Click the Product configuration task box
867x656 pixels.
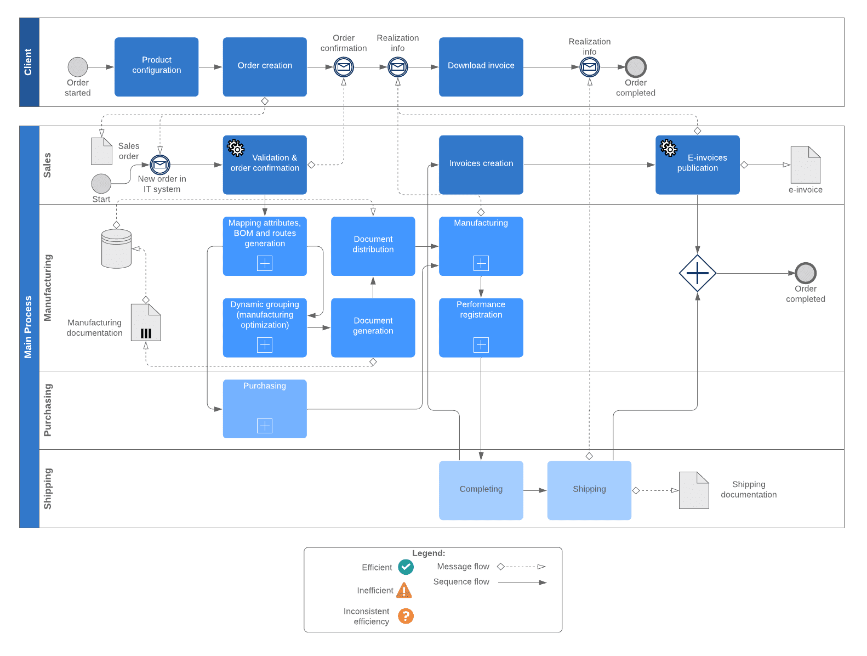[156, 66]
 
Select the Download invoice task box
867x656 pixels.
[481, 66]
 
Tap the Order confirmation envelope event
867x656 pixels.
[344, 67]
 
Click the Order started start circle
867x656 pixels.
[78, 67]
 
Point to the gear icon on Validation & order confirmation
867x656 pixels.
[236, 148]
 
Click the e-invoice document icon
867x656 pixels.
[805, 165]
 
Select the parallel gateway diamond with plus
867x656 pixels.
[697, 273]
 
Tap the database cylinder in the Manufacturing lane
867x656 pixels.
[116, 248]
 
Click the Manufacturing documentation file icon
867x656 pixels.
[146, 323]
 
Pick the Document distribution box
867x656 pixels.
[373, 246]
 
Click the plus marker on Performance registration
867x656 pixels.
[481, 344]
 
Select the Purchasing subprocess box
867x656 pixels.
[265, 409]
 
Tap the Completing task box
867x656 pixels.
[481, 490]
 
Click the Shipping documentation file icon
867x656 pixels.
[693, 490]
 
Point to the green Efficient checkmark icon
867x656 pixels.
[406, 567]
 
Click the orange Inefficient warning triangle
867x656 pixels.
[404, 590]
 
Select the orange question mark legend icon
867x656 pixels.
[406, 616]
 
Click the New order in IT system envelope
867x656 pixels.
[160, 165]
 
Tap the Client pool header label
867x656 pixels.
[29, 62]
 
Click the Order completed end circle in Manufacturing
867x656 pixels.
[805, 273]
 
